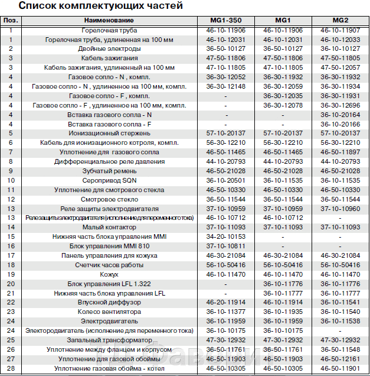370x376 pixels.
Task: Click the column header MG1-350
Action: [224, 21]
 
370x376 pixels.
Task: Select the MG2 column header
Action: [340, 21]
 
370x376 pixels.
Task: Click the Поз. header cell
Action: [11, 21]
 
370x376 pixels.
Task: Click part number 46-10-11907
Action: [340, 30]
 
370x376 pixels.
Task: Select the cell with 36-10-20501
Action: [224, 180]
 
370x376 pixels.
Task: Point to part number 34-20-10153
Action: [224, 236]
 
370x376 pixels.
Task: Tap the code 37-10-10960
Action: [340, 209]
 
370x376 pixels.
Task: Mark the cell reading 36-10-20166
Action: [340, 124]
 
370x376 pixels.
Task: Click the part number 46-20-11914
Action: [224, 303]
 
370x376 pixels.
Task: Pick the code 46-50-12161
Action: [340, 359]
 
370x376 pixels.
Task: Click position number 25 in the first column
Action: [11, 340]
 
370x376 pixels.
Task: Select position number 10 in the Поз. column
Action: [11, 180]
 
